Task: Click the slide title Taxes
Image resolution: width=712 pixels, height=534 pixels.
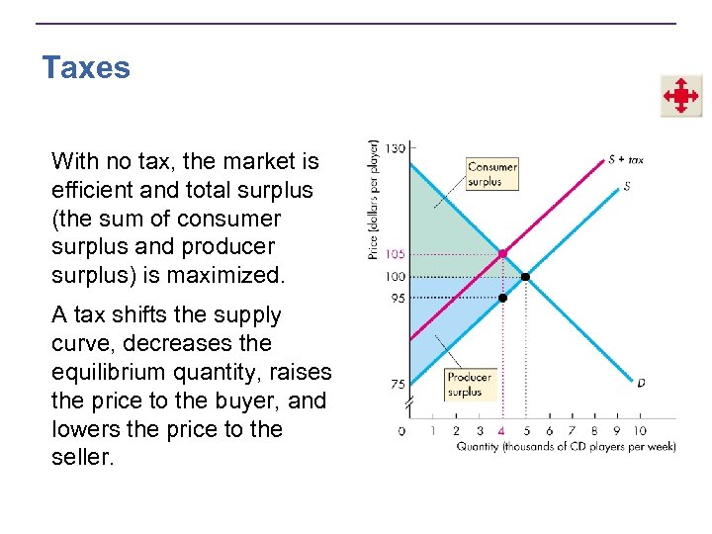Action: (x=86, y=68)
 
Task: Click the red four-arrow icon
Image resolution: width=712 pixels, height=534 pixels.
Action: (x=681, y=96)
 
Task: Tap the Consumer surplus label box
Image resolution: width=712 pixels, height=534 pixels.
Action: (x=492, y=174)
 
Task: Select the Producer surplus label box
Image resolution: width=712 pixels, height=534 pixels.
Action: (x=469, y=384)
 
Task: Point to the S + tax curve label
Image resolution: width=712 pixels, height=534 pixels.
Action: (x=625, y=159)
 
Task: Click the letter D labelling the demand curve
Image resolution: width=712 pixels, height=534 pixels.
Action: (x=641, y=382)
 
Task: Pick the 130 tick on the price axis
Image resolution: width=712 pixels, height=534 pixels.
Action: (x=394, y=147)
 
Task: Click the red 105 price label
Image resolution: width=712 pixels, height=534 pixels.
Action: (x=394, y=254)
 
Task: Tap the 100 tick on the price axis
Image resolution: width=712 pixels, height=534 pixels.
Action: (x=394, y=276)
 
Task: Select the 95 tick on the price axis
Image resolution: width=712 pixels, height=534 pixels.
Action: (x=396, y=298)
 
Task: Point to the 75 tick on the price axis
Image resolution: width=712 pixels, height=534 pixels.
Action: (x=396, y=385)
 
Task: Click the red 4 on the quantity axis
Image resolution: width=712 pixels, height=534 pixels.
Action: (x=502, y=430)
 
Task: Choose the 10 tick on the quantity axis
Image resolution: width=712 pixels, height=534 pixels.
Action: (x=640, y=430)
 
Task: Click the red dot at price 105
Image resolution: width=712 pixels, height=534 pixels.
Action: (x=502, y=254)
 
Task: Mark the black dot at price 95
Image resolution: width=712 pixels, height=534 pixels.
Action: (x=502, y=298)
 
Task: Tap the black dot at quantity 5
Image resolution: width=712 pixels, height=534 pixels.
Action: (x=525, y=276)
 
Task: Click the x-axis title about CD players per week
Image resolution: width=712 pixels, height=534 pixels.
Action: (x=566, y=447)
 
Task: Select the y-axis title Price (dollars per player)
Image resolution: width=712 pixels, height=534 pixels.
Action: (x=374, y=200)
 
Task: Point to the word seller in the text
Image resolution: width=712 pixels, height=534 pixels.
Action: (x=82, y=458)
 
